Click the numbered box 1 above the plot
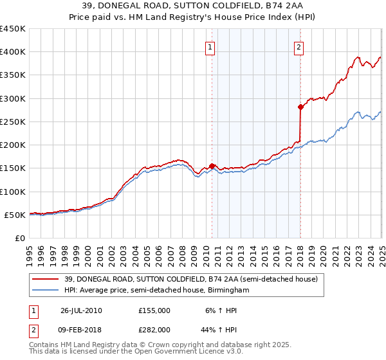(211, 46)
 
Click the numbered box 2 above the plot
(300, 46)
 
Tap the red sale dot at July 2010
(212, 166)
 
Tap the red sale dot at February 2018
(300, 107)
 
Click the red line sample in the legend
(46, 279)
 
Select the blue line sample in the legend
(46, 291)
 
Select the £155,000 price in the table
(154, 310)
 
